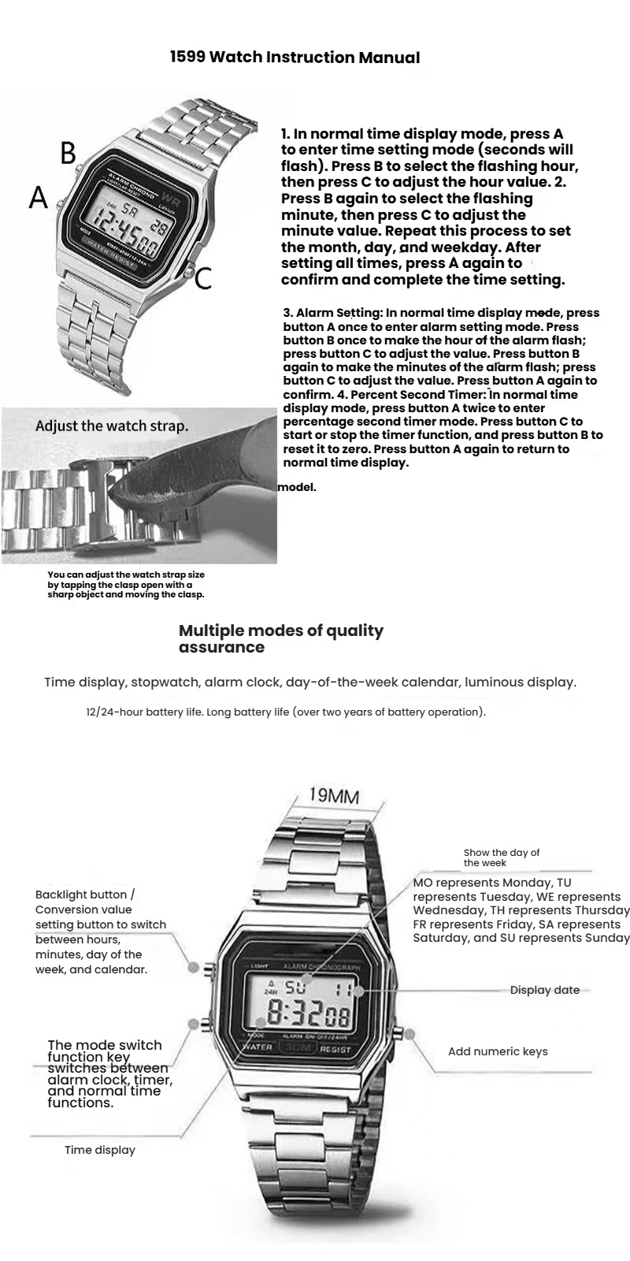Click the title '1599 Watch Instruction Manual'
(x=295, y=58)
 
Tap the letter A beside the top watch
(x=39, y=197)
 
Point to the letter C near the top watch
(x=203, y=278)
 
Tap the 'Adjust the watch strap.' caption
(x=112, y=426)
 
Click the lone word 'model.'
(x=297, y=487)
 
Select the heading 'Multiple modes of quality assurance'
(x=281, y=638)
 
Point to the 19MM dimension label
(x=333, y=794)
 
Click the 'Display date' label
(x=544, y=990)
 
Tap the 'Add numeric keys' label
(x=498, y=1051)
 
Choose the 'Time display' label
(x=100, y=1150)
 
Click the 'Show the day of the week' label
(x=502, y=857)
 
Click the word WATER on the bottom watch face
(x=258, y=1047)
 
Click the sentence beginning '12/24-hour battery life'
(x=286, y=712)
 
